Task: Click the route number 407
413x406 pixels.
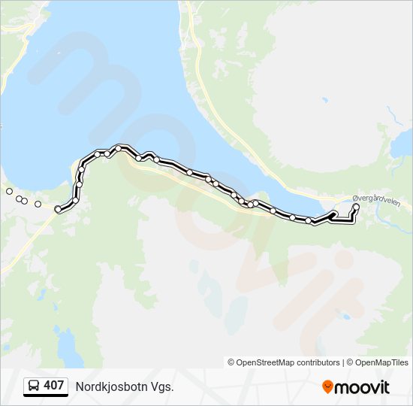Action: pyautogui.click(x=53, y=386)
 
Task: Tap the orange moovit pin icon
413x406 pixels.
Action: pyautogui.click(x=327, y=386)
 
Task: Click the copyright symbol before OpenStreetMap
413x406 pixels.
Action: pyautogui.click(x=231, y=362)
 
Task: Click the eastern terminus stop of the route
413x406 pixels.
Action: pyautogui.click(x=356, y=207)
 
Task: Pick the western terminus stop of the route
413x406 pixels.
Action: pyautogui.click(x=58, y=210)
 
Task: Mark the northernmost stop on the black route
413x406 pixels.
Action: pyautogui.click(x=118, y=148)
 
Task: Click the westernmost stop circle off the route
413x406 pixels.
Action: pyautogui.click(x=9, y=192)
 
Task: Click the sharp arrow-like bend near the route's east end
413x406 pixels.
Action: pyautogui.click(x=332, y=214)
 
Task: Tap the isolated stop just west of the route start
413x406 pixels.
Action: pyautogui.click(x=38, y=204)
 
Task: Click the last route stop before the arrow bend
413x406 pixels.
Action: pyautogui.click(x=309, y=220)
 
